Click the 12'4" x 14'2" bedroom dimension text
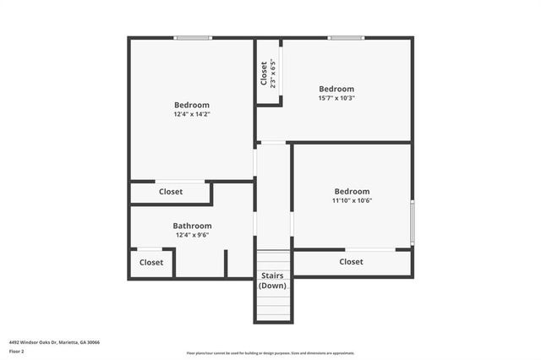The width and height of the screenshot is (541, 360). click(x=192, y=114)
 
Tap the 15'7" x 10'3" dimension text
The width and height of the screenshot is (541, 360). click(x=336, y=98)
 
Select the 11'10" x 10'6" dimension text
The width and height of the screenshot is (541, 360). click(x=352, y=201)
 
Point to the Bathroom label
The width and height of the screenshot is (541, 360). click(x=192, y=226)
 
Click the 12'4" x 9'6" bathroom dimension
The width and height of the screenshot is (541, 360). click(x=192, y=236)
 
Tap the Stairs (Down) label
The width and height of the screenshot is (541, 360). click(x=272, y=281)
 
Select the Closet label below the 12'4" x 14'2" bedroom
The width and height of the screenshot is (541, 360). click(x=171, y=192)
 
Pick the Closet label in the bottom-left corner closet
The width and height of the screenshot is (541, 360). click(x=151, y=262)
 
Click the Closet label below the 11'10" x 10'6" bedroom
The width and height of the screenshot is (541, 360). click(x=352, y=262)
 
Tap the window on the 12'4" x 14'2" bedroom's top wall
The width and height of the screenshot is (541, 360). click(x=193, y=37)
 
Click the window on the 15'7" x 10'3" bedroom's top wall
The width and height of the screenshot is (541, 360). click(x=342, y=37)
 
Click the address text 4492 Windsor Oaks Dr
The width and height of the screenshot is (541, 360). click(x=54, y=342)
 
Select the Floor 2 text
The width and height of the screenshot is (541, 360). click(x=17, y=351)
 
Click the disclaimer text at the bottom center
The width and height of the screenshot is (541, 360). click(x=270, y=353)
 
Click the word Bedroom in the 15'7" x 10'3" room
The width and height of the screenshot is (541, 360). click(x=336, y=89)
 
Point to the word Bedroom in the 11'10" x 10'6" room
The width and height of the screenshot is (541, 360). click(x=352, y=192)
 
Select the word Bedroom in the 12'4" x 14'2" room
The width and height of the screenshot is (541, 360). click(x=192, y=105)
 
